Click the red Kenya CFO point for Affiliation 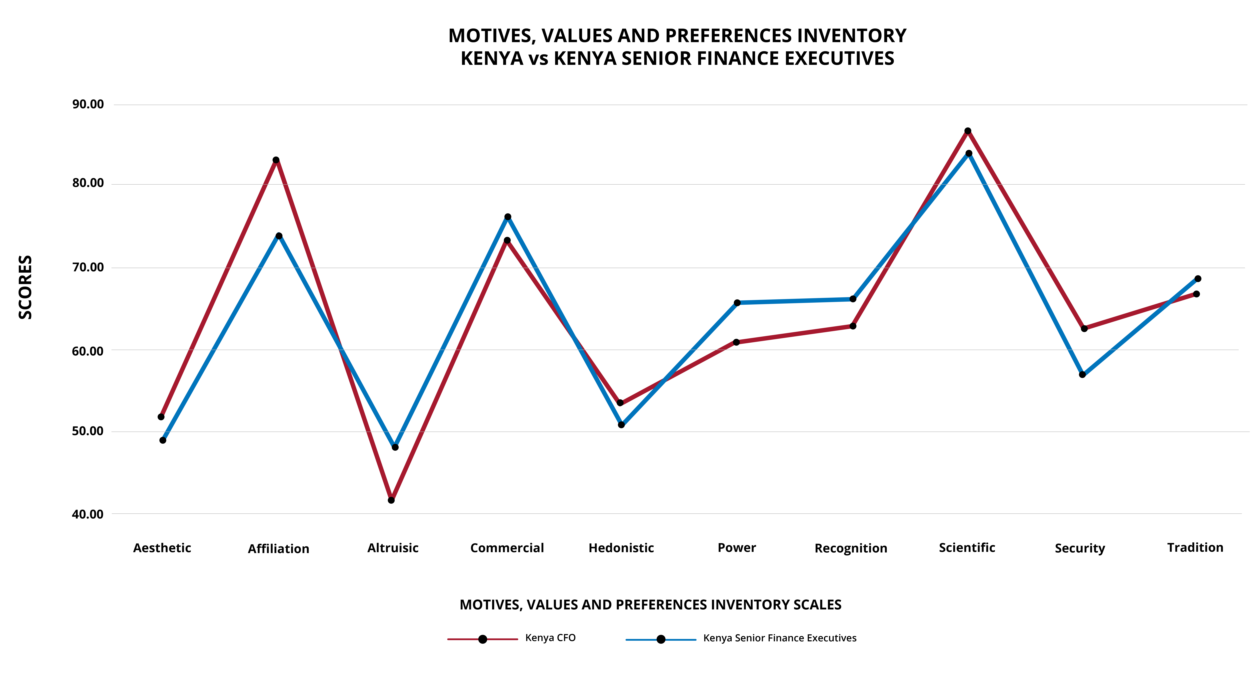(276, 160)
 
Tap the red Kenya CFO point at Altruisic (391, 500)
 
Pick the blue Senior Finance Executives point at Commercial (508, 217)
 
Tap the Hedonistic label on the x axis (621, 548)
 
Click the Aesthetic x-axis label (162, 548)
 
